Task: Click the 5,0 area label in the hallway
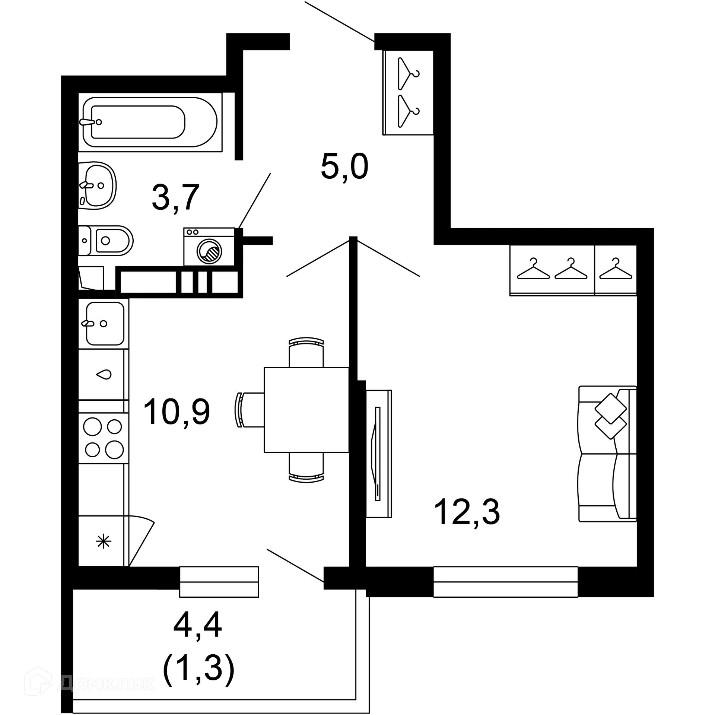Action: pos(344,167)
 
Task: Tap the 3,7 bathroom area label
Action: pos(176,197)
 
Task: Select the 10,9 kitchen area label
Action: pos(177,411)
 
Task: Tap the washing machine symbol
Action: pos(209,247)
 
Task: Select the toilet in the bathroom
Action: pos(106,240)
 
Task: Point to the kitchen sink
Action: pos(104,323)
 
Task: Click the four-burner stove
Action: pos(104,438)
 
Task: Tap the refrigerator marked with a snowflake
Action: pos(103,541)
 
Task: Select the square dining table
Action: pos(306,410)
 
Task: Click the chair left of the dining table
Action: pos(250,410)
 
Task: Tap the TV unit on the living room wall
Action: pos(378,454)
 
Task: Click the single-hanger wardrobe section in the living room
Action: pos(615,270)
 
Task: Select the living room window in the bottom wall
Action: pos(505,581)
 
